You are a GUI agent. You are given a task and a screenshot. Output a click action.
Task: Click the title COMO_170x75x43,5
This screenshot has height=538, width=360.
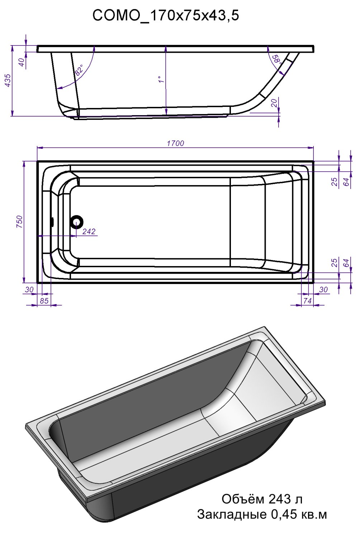(x=166, y=16)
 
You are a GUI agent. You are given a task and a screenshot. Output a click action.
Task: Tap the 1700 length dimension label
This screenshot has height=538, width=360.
(x=176, y=143)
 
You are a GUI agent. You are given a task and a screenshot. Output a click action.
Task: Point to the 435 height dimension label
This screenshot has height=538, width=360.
(x=8, y=80)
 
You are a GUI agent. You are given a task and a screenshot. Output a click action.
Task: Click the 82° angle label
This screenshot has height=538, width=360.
(x=79, y=70)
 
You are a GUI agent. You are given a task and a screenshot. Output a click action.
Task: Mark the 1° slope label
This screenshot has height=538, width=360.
(x=161, y=79)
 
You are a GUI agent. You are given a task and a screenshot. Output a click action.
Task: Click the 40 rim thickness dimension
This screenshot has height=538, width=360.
(x=22, y=62)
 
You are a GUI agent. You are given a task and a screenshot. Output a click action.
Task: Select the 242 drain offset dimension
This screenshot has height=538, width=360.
(x=89, y=232)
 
